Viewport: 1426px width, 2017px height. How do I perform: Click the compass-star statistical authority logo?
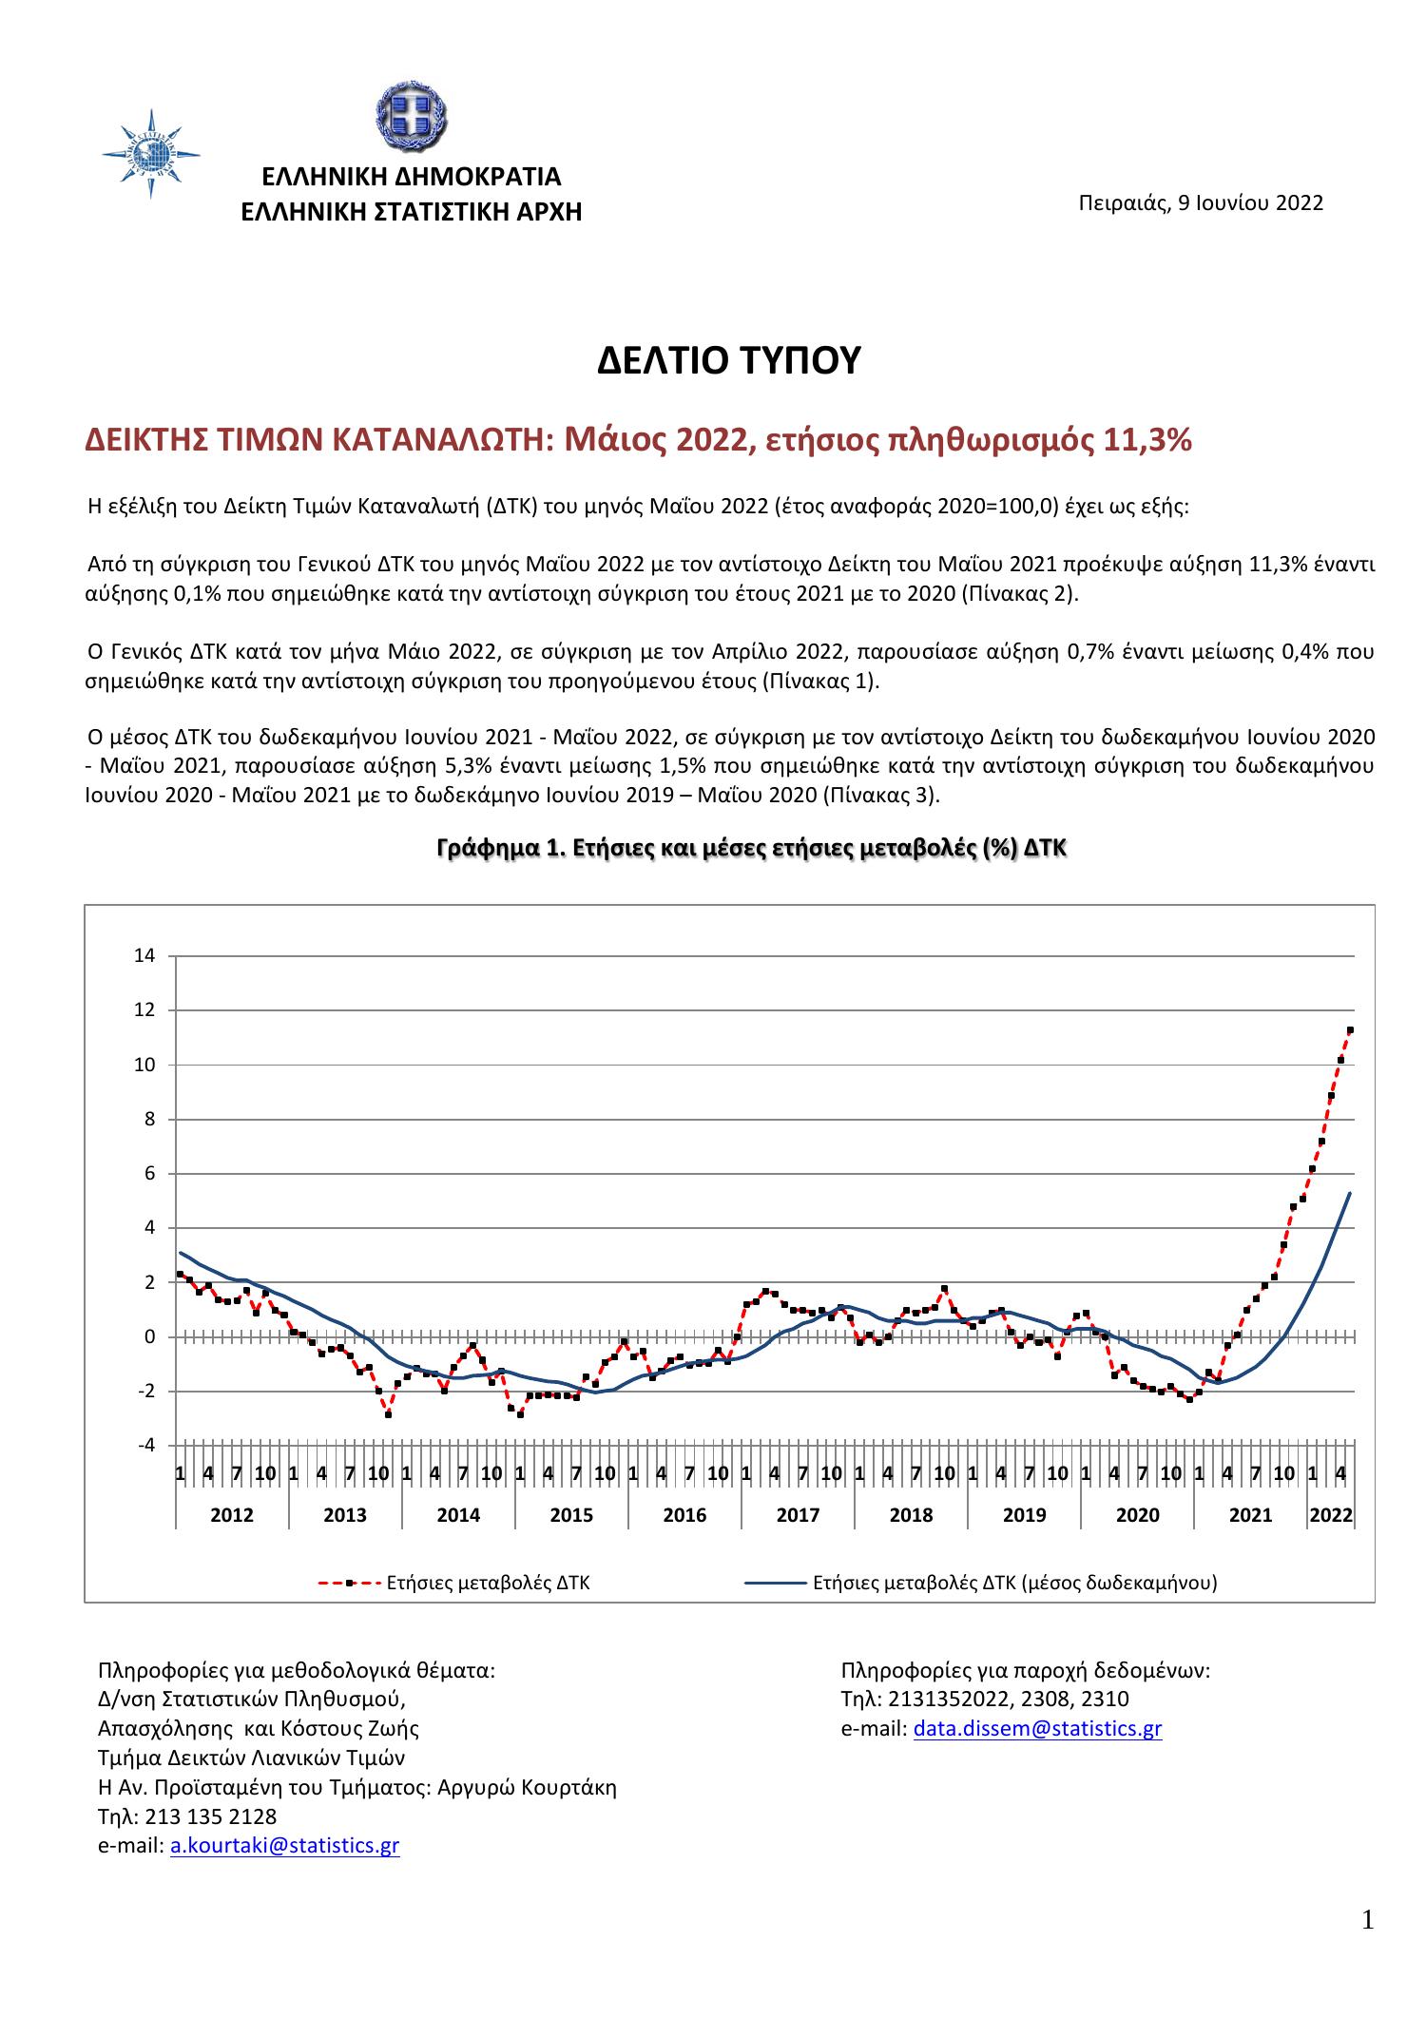pos(151,153)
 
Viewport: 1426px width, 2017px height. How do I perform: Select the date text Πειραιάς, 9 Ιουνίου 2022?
pos(1200,203)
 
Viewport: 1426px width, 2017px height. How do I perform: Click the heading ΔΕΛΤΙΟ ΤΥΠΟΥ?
pos(728,361)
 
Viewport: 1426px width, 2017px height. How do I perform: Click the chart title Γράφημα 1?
pos(751,849)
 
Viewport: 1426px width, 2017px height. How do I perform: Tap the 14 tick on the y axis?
pos(143,955)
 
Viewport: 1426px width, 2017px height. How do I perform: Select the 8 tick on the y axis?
pos(148,1119)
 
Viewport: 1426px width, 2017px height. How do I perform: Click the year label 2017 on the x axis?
pos(798,1515)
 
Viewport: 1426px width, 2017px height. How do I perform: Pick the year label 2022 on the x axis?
pos(1330,1515)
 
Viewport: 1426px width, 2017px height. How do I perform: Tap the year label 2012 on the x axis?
pos(231,1515)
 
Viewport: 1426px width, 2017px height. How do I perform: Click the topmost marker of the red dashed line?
pos(1350,1029)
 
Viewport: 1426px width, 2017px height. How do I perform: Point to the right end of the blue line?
pos(1350,1193)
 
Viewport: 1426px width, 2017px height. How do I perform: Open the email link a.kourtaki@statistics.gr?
pos(284,1845)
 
